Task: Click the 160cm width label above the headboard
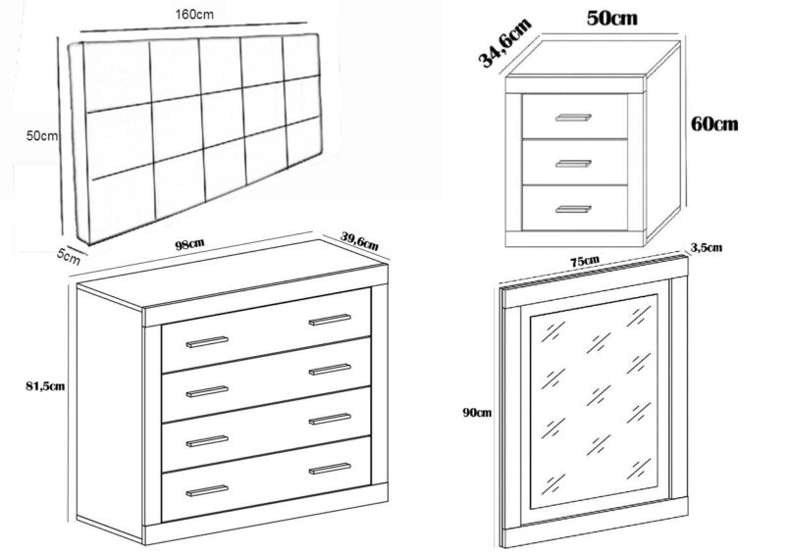(194, 15)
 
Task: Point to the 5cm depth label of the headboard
(68, 257)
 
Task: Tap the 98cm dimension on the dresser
(189, 245)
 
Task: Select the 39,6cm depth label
(359, 240)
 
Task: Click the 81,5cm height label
(45, 386)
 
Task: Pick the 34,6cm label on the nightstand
(504, 42)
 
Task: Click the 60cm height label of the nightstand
(714, 124)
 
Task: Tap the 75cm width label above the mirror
(585, 261)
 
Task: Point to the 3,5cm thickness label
(706, 247)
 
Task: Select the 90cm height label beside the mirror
(477, 413)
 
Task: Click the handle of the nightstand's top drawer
(573, 118)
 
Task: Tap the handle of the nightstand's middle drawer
(573, 164)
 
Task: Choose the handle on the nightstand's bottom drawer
(573, 209)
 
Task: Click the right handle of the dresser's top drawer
(330, 320)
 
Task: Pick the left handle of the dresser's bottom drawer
(207, 490)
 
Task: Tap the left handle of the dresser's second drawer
(207, 391)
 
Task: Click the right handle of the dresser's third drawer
(330, 419)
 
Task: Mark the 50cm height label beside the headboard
(42, 135)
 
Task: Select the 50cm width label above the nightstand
(611, 19)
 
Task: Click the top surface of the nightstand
(594, 59)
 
